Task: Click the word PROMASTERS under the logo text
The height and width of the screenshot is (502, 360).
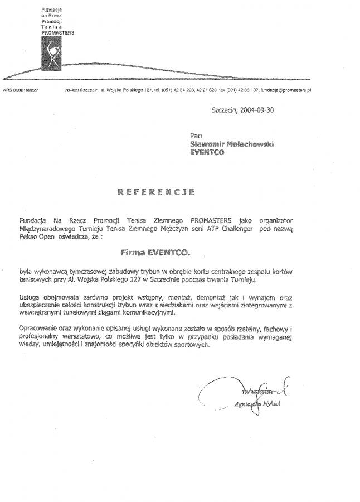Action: click(x=58, y=32)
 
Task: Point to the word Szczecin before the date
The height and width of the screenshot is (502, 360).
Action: click(x=223, y=110)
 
